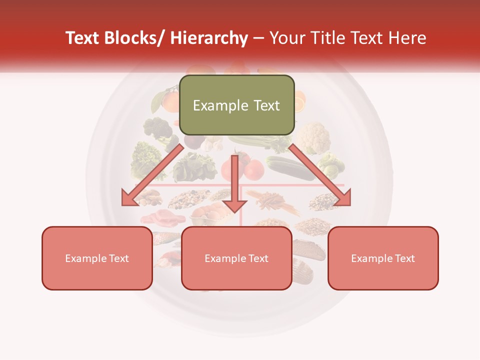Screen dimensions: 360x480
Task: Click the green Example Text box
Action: pos(236,105)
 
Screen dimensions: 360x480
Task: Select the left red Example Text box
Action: pos(97,258)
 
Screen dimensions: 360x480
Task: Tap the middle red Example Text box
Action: pos(236,258)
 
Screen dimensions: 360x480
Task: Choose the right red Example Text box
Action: pos(383,258)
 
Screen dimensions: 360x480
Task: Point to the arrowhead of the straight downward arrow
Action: pos(234,206)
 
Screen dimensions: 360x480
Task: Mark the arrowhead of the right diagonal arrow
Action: pos(343,198)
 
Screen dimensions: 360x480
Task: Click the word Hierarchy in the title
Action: pos(209,38)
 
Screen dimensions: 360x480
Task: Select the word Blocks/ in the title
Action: pos(133,38)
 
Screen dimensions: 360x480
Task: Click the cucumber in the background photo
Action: pos(290,168)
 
